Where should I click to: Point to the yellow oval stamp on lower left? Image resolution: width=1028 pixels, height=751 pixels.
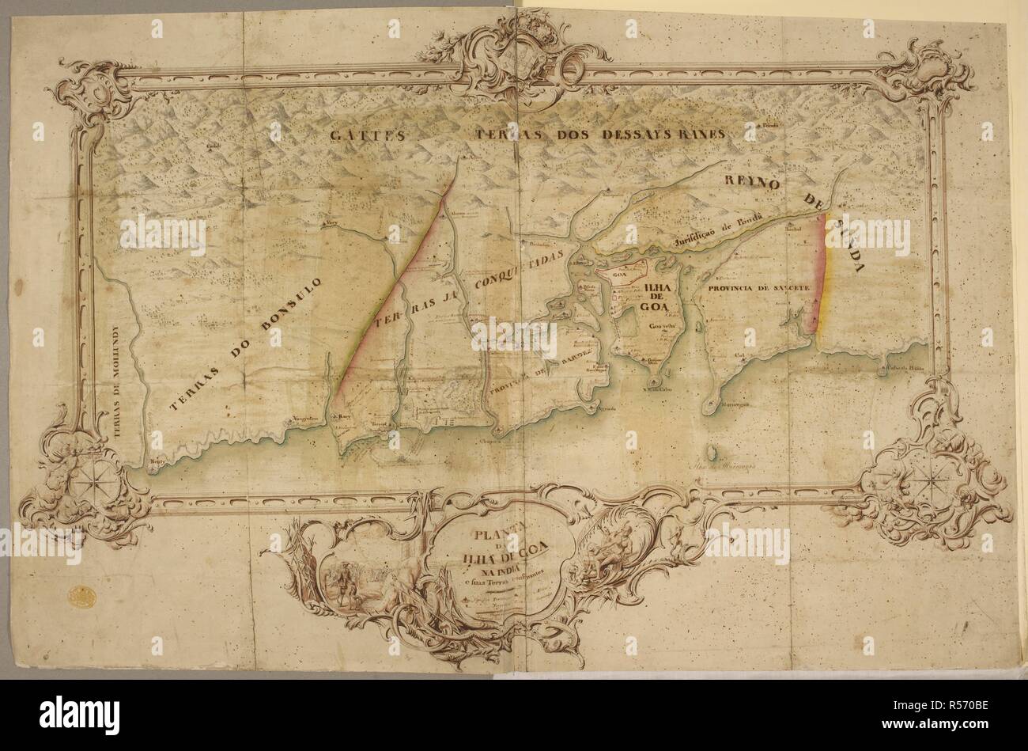click(80, 595)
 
